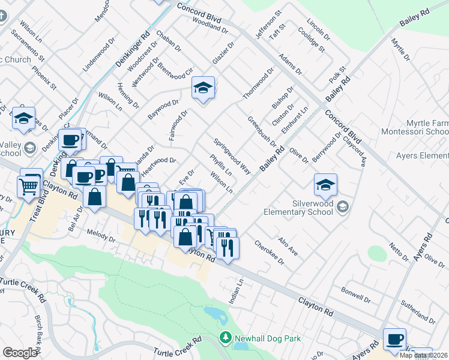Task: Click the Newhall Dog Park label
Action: pos(268,338)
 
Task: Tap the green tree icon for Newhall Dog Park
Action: pos(226,338)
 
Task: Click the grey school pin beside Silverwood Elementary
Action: pos(342,208)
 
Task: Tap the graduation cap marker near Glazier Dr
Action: pos(203,89)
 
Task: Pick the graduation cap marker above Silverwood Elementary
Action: pos(325,185)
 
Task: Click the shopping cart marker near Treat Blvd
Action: pos(29,188)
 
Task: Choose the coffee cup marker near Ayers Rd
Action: pos(394,340)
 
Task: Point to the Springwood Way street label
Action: pos(234,157)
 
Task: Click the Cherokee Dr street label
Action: pos(269,251)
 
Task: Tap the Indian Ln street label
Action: pos(238,290)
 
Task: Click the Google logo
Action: pos(20,352)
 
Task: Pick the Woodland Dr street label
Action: pos(210,28)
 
